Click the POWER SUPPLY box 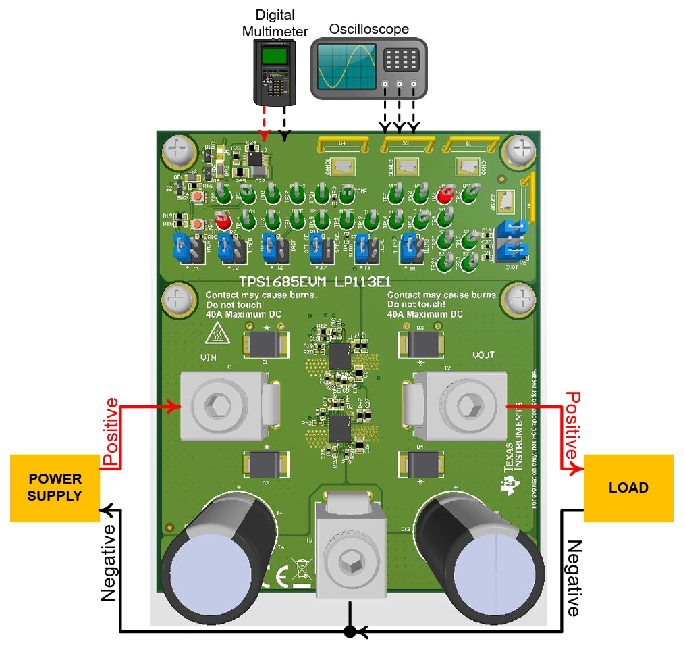55,488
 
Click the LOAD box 628,488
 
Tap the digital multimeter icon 275,71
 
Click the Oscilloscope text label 368,29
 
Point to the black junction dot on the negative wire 350,632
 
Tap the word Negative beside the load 573,578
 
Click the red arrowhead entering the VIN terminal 176,407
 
